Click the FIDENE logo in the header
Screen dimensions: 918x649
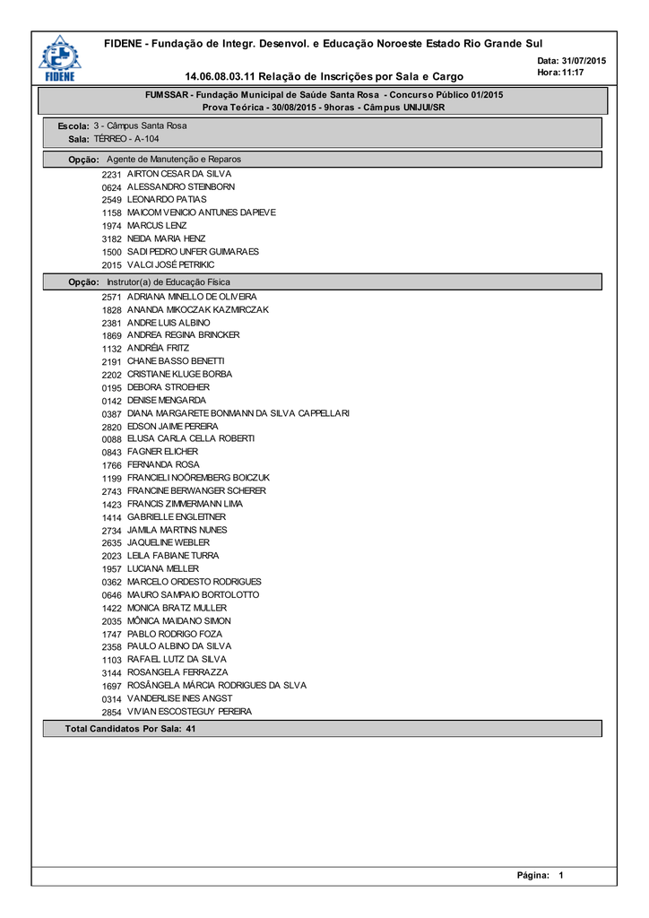pos(58,58)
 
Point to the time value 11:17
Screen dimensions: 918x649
pos(572,72)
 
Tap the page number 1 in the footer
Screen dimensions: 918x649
pos(560,875)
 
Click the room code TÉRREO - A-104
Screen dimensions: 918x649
pos(126,139)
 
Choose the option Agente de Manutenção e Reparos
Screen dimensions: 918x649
pos(174,159)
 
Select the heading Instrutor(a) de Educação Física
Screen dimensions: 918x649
pos(169,282)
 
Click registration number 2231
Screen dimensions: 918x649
pos(111,173)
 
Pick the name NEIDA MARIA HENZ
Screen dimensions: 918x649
pos(166,238)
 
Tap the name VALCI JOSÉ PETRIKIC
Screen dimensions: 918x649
pos(170,265)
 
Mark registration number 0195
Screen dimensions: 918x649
pos(111,387)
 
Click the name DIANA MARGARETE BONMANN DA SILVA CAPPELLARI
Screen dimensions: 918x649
pos(238,413)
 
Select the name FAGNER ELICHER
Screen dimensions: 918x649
pos(162,452)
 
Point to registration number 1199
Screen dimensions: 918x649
pos(111,479)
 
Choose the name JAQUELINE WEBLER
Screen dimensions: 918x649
pos(169,542)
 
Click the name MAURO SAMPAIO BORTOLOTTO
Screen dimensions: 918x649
pos(193,594)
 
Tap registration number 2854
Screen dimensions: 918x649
pos(111,712)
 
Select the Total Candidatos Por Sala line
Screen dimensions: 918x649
pos(131,729)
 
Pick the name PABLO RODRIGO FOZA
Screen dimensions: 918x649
pos(175,634)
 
